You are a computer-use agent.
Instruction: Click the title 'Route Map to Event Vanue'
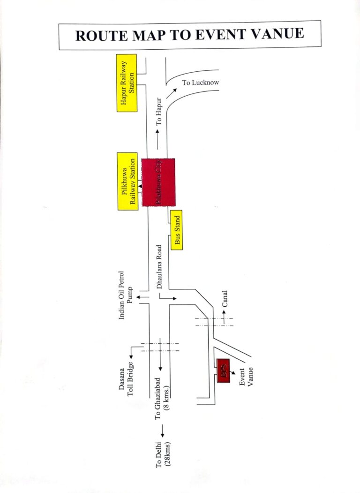(189, 35)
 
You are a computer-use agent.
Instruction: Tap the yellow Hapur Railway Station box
(127, 83)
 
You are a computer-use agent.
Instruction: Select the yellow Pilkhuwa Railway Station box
(127, 181)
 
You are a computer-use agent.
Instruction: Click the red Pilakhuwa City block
(159, 182)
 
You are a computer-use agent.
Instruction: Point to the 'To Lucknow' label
(201, 83)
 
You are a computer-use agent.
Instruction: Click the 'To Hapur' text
(159, 111)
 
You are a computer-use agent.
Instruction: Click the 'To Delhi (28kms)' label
(162, 454)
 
